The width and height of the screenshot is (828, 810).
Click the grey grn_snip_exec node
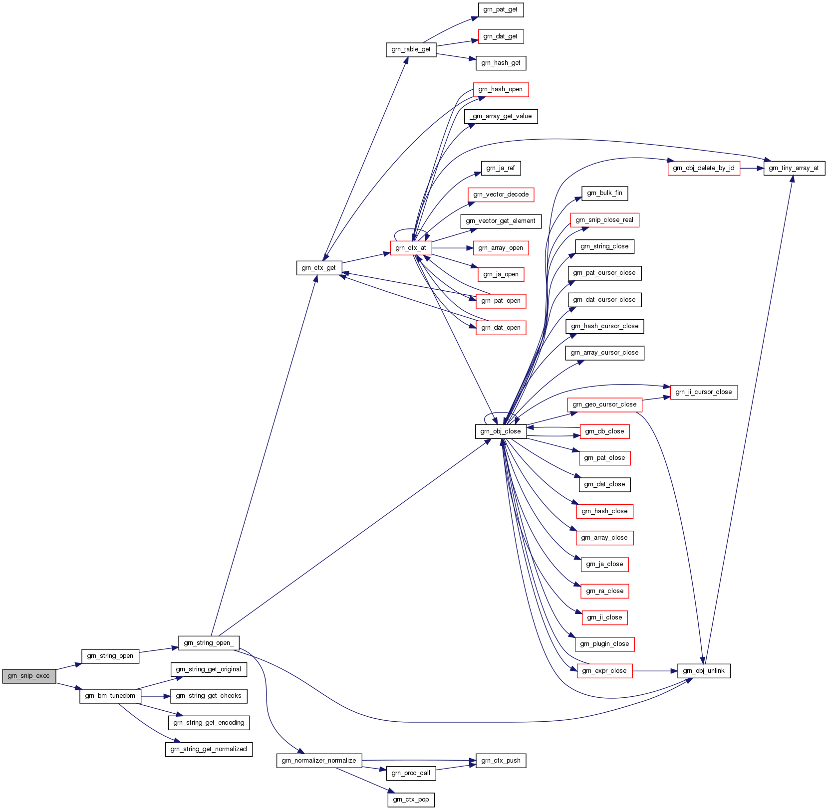coord(29,676)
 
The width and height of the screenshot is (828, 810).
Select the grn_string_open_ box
coord(209,643)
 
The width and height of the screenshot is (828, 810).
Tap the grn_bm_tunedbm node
coord(110,696)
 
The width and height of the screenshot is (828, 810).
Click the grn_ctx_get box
coord(319,268)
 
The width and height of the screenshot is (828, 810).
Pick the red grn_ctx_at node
coord(411,248)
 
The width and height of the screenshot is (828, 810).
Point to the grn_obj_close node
coord(501,431)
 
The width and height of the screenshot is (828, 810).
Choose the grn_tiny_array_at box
coord(794,168)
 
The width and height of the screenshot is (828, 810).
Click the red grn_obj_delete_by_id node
coord(704,168)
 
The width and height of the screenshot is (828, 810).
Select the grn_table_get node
coord(411,49)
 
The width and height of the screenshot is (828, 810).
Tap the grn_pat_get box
coord(501,9)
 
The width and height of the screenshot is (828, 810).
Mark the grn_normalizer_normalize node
coord(319,761)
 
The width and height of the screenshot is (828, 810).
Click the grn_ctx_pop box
coord(411,800)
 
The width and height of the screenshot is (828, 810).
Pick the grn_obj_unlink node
coord(704,671)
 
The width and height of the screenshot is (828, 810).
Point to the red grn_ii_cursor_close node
coord(704,392)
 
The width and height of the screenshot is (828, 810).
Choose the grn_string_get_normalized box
coord(209,749)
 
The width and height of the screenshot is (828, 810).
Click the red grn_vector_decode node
coord(501,195)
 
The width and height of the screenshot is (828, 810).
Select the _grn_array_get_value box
coord(501,116)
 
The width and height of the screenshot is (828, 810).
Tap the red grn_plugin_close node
coord(604,644)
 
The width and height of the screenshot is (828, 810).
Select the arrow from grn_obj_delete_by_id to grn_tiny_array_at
coord(752,168)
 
